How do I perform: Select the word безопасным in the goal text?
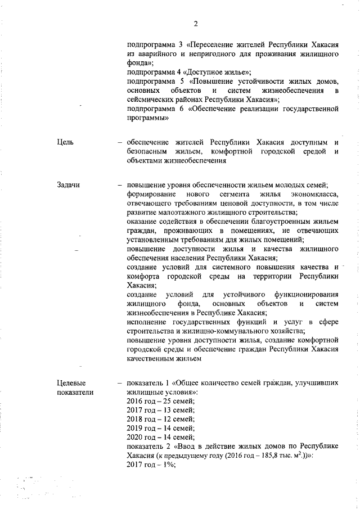148,152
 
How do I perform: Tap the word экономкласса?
312,195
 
